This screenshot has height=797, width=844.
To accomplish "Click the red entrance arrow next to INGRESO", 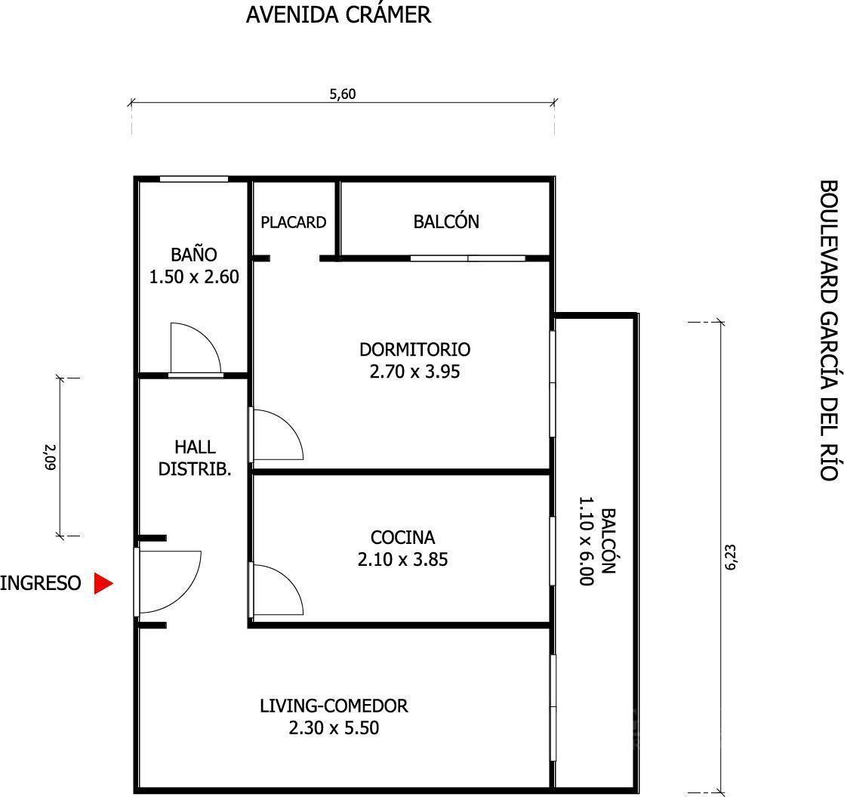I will tap(103, 583).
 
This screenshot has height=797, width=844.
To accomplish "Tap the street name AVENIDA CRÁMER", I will tap(338, 14).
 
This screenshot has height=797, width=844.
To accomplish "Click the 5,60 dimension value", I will tap(343, 94).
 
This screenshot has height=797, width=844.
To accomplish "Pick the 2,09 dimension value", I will tap(50, 456).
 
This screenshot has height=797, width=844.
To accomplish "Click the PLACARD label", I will tap(293, 222).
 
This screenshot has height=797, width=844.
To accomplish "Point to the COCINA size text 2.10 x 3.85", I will tap(403, 560).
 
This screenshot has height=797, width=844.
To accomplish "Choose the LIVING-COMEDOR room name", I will tap(334, 706).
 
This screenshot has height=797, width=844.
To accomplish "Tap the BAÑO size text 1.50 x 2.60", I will tap(194, 277).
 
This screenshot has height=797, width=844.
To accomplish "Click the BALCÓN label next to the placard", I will tap(445, 221).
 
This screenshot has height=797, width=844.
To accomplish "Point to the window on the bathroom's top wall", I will tap(193, 179).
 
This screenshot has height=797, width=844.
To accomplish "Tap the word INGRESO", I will tap(41, 583).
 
